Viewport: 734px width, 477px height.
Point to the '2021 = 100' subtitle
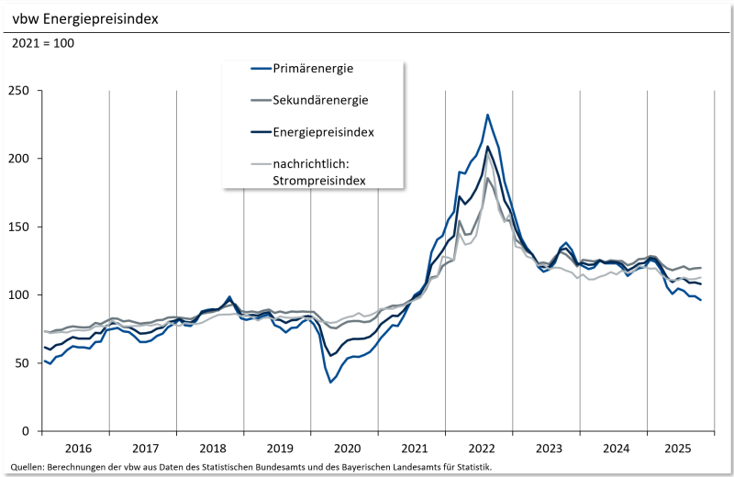point(43,43)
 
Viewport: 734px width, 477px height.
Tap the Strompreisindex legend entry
point(319,172)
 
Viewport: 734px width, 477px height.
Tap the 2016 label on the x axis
point(78,449)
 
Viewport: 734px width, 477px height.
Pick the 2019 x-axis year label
point(279,449)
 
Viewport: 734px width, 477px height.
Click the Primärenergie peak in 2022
point(487,115)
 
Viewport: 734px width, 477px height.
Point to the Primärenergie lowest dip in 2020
point(330,382)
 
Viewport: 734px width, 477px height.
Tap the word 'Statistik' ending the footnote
point(473,467)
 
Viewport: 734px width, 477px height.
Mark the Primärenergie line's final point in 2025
point(702,300)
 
